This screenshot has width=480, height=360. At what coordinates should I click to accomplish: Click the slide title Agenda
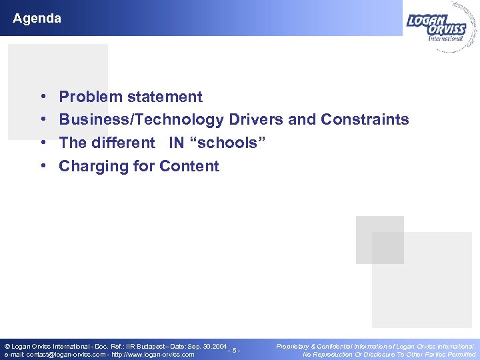(37, 19)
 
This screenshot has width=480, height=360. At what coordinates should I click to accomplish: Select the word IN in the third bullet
(176, 143)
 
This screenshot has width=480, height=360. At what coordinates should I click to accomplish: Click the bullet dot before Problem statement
(43, 97)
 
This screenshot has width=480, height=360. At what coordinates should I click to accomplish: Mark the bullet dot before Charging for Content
(43, 167)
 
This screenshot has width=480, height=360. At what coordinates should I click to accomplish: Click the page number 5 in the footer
(234, 350)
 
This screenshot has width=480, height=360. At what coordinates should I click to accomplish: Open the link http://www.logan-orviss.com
(153, 355)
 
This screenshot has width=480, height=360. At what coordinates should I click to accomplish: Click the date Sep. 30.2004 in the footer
(204, 346)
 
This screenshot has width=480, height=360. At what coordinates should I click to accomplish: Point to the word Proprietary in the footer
(295, 346)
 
